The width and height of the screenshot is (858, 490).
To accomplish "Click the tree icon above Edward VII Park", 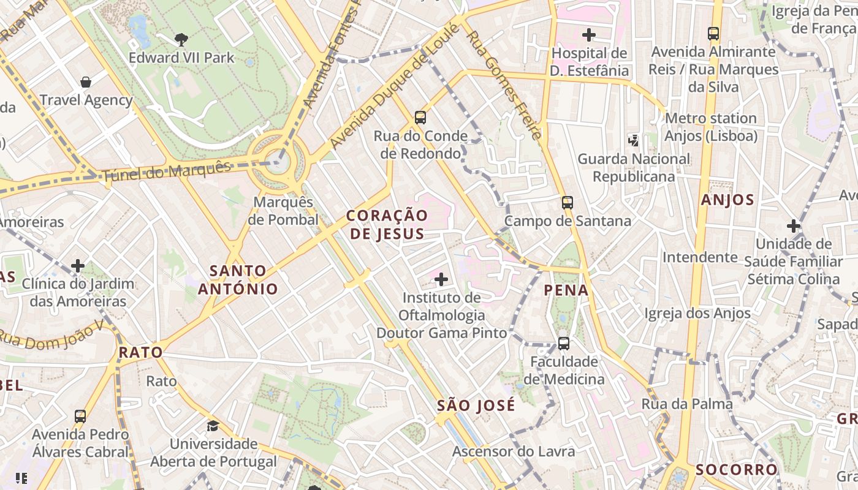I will pos(181,40).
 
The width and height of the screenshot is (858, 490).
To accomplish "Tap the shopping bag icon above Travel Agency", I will pos(86,82).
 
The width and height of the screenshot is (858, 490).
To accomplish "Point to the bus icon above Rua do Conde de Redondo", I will pos(420,118).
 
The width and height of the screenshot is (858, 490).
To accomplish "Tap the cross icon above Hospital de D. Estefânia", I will pos(589,35).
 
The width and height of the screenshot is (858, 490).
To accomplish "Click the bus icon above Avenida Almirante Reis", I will pos(713,34).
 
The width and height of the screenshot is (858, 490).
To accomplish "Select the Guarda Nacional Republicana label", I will pos(634,168).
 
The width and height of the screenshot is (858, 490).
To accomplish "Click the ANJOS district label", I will pos(727,200).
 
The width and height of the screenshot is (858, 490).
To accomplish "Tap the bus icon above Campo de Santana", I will pos(568,203).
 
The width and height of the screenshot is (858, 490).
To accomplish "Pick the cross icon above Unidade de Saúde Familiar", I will pos(794,226).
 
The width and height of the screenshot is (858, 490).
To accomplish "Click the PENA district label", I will pos(566,290).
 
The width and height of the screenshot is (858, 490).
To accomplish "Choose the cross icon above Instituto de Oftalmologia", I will pos(441,280).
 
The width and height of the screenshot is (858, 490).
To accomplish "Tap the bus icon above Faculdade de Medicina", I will pos(563,344).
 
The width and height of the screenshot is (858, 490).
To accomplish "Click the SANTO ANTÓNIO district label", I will pos(238,279).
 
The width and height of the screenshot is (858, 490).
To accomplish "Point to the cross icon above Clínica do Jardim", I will pos(78,266).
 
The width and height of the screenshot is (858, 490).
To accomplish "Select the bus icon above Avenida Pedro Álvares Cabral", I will pos(80,417).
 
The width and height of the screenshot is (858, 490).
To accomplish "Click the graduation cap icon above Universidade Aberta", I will pos(213,426).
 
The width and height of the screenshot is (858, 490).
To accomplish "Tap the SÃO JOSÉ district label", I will pos(476,405).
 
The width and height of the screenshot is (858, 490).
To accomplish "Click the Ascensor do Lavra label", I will pos(514,451).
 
